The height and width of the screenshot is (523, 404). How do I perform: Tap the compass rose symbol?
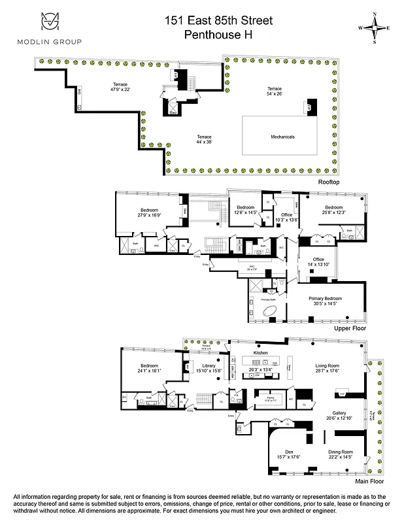click(x=375, y=28)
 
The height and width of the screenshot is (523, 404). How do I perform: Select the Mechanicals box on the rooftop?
click(x=283, y=137)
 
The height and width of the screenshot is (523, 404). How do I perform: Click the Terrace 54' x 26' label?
click(x=274, y=91)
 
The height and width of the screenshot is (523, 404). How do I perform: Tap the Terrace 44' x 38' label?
click(x=205, y=139)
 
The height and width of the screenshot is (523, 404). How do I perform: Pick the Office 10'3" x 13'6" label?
click(x=286, y=217)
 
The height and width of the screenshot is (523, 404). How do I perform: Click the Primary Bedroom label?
click(x=325, y=301)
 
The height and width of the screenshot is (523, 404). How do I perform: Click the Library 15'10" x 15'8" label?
click(x=209, y=368)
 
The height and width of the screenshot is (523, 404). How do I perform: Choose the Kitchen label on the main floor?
click(x=261, y=353)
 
